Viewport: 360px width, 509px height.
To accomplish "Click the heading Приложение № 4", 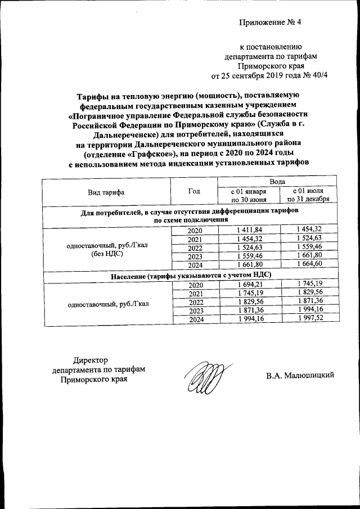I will pos(271,23).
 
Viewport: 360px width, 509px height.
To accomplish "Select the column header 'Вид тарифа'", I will pos(106,192).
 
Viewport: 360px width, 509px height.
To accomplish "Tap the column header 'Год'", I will pos(194,192).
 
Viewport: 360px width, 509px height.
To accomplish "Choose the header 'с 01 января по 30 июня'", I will pos(247,196).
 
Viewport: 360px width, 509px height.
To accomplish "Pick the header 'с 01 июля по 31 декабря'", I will pos(308,196).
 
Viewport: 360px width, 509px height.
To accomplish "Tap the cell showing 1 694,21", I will pos(247,285).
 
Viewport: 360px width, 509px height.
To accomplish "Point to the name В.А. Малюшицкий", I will pos(300,375).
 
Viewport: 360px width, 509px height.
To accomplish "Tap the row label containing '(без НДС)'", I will pos(106,253).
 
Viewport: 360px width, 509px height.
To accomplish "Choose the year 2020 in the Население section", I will pos(195,285).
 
